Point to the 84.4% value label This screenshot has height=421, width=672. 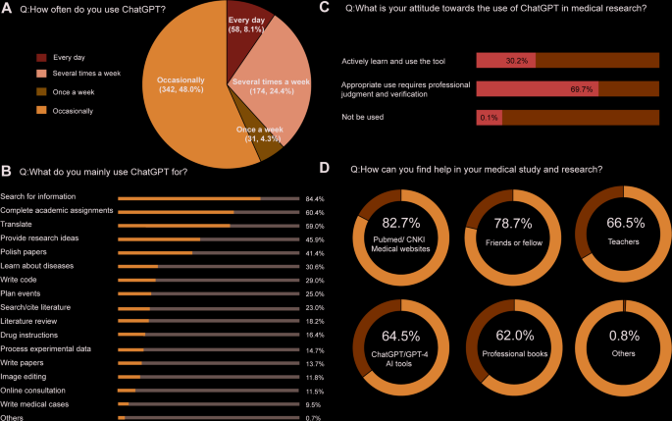click(315, 198)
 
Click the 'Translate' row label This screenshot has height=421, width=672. click(20, 225)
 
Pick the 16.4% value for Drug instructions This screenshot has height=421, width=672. click(315, 335)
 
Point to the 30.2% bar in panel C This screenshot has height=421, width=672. click(504, 61)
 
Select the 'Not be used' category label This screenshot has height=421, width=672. click(363, 117)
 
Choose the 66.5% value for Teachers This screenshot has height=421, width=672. click(623, 223)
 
